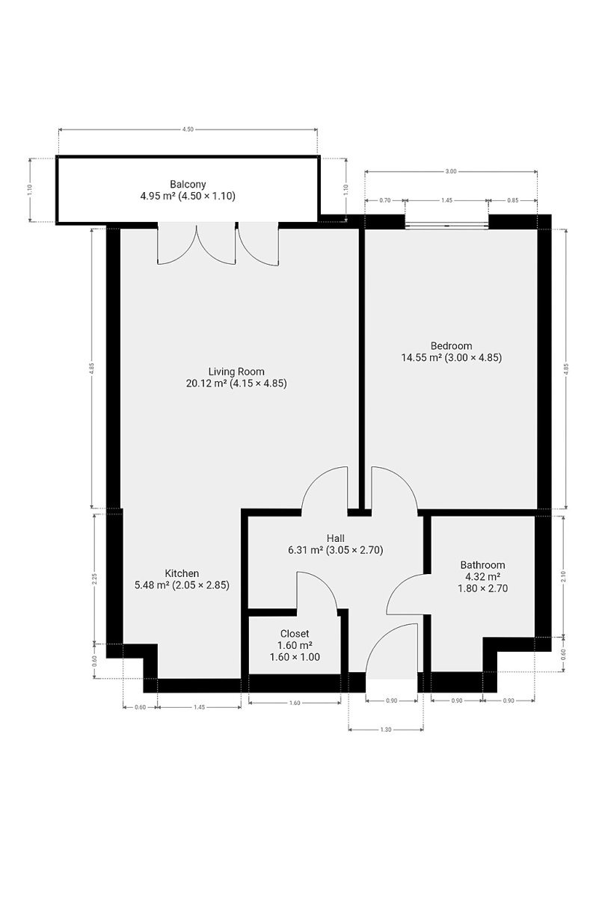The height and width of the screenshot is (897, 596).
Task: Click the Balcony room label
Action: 188,185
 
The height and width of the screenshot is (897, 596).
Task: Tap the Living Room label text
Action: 236,372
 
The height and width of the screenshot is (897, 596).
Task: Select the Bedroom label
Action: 452,345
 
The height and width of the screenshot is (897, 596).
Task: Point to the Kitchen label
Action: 182,573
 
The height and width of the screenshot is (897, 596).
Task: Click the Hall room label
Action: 336,538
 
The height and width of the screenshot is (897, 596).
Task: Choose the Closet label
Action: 295,633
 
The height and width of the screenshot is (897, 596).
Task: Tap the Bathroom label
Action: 482,564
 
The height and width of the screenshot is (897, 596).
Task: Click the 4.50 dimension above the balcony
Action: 188,129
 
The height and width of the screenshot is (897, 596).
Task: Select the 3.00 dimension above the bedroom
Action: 451,171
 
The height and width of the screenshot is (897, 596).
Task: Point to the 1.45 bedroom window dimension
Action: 446,200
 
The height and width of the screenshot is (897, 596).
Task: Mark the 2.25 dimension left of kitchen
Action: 94,579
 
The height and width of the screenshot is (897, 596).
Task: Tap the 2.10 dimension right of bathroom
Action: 564,576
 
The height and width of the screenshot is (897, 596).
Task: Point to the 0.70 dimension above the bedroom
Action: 384,200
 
